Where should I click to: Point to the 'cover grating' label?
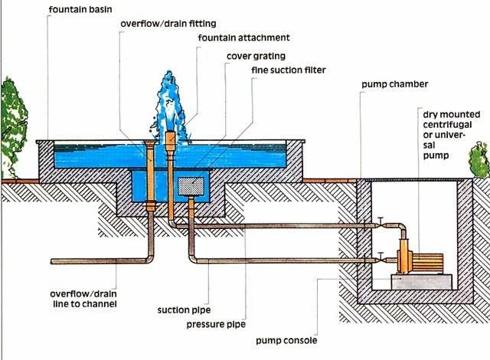pyautogui.click(x=255, y=55)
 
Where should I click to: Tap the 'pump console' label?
pyautogui.click(x=287, y=340)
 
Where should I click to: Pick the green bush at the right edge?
pyautogui.click(x=480, y=159)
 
